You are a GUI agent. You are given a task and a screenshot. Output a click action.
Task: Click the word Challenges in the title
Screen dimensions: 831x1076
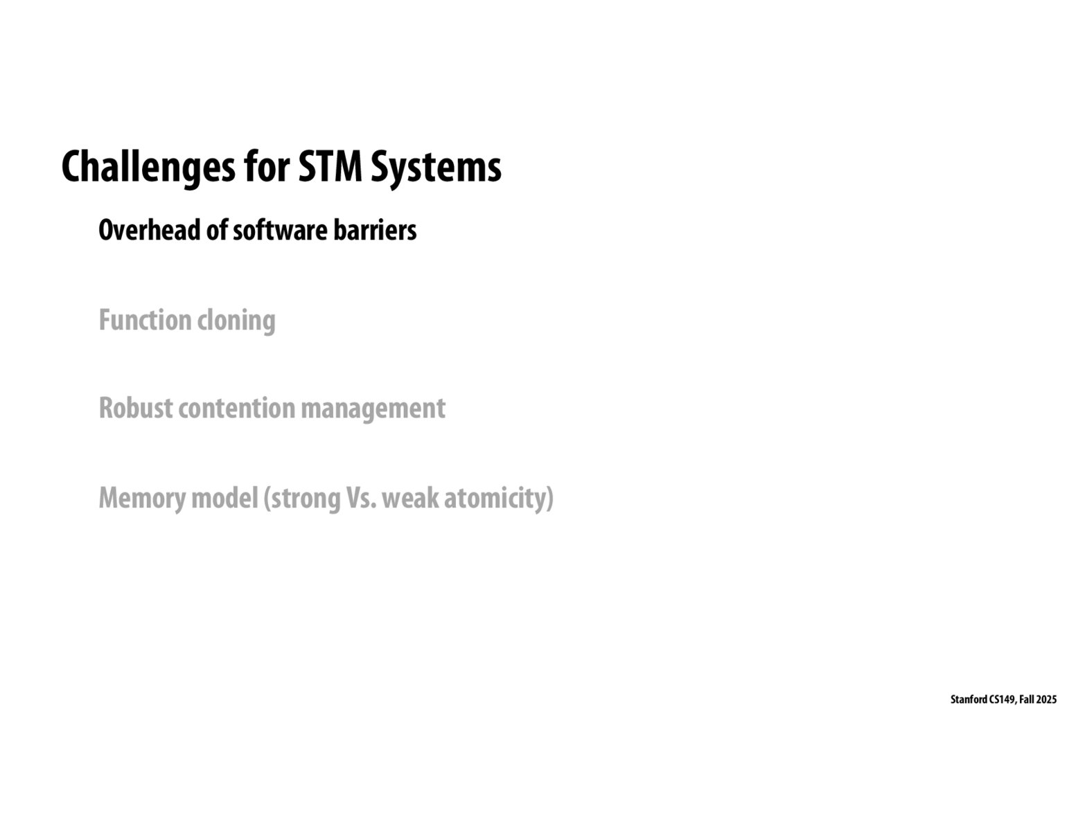[x=148, y=167]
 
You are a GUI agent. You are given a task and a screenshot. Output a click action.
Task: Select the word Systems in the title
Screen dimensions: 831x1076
[x=436, y=167]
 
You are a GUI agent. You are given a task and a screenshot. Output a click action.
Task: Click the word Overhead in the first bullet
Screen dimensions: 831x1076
[x=149, y=231]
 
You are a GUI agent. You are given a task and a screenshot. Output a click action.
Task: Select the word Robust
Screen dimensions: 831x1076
[x=135, y=409]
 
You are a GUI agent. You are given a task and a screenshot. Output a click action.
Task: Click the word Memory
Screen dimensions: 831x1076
[x=141, y=498]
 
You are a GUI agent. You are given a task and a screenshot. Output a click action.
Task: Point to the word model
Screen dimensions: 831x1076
[x=224, y=498]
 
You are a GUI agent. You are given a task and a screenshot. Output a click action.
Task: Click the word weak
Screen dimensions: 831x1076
[x=409, y=498]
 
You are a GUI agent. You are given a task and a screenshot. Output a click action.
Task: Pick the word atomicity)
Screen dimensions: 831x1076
[x=499, y=498]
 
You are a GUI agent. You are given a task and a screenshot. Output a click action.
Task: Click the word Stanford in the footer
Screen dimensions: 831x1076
[x=969, y=700]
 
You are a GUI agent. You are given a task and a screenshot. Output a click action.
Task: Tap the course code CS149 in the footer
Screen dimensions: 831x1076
[x=1003, y=700]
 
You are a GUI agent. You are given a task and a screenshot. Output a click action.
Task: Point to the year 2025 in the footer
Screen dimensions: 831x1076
[x=1047, y=700]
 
